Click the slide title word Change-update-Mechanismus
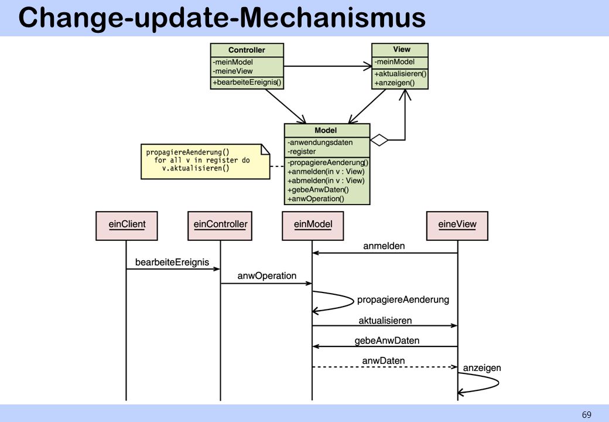point(222,18)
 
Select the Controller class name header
point(247,50)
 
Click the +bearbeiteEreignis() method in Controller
point(247,83)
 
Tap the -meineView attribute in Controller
point(232,71)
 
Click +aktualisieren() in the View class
point(401,74)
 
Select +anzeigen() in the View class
point(394,83)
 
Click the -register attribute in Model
point(302,152)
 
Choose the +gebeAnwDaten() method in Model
point(318,190)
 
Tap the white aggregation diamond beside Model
point(379,140)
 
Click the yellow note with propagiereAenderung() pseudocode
point(205,162)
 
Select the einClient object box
point(126,226)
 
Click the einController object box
point(220,226)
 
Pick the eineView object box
point(457,226)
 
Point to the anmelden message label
point(384,246)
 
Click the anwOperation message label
point(267,276)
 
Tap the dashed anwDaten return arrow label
point(384,360)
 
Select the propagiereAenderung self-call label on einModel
point(403,300)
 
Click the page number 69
point(587,414)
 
